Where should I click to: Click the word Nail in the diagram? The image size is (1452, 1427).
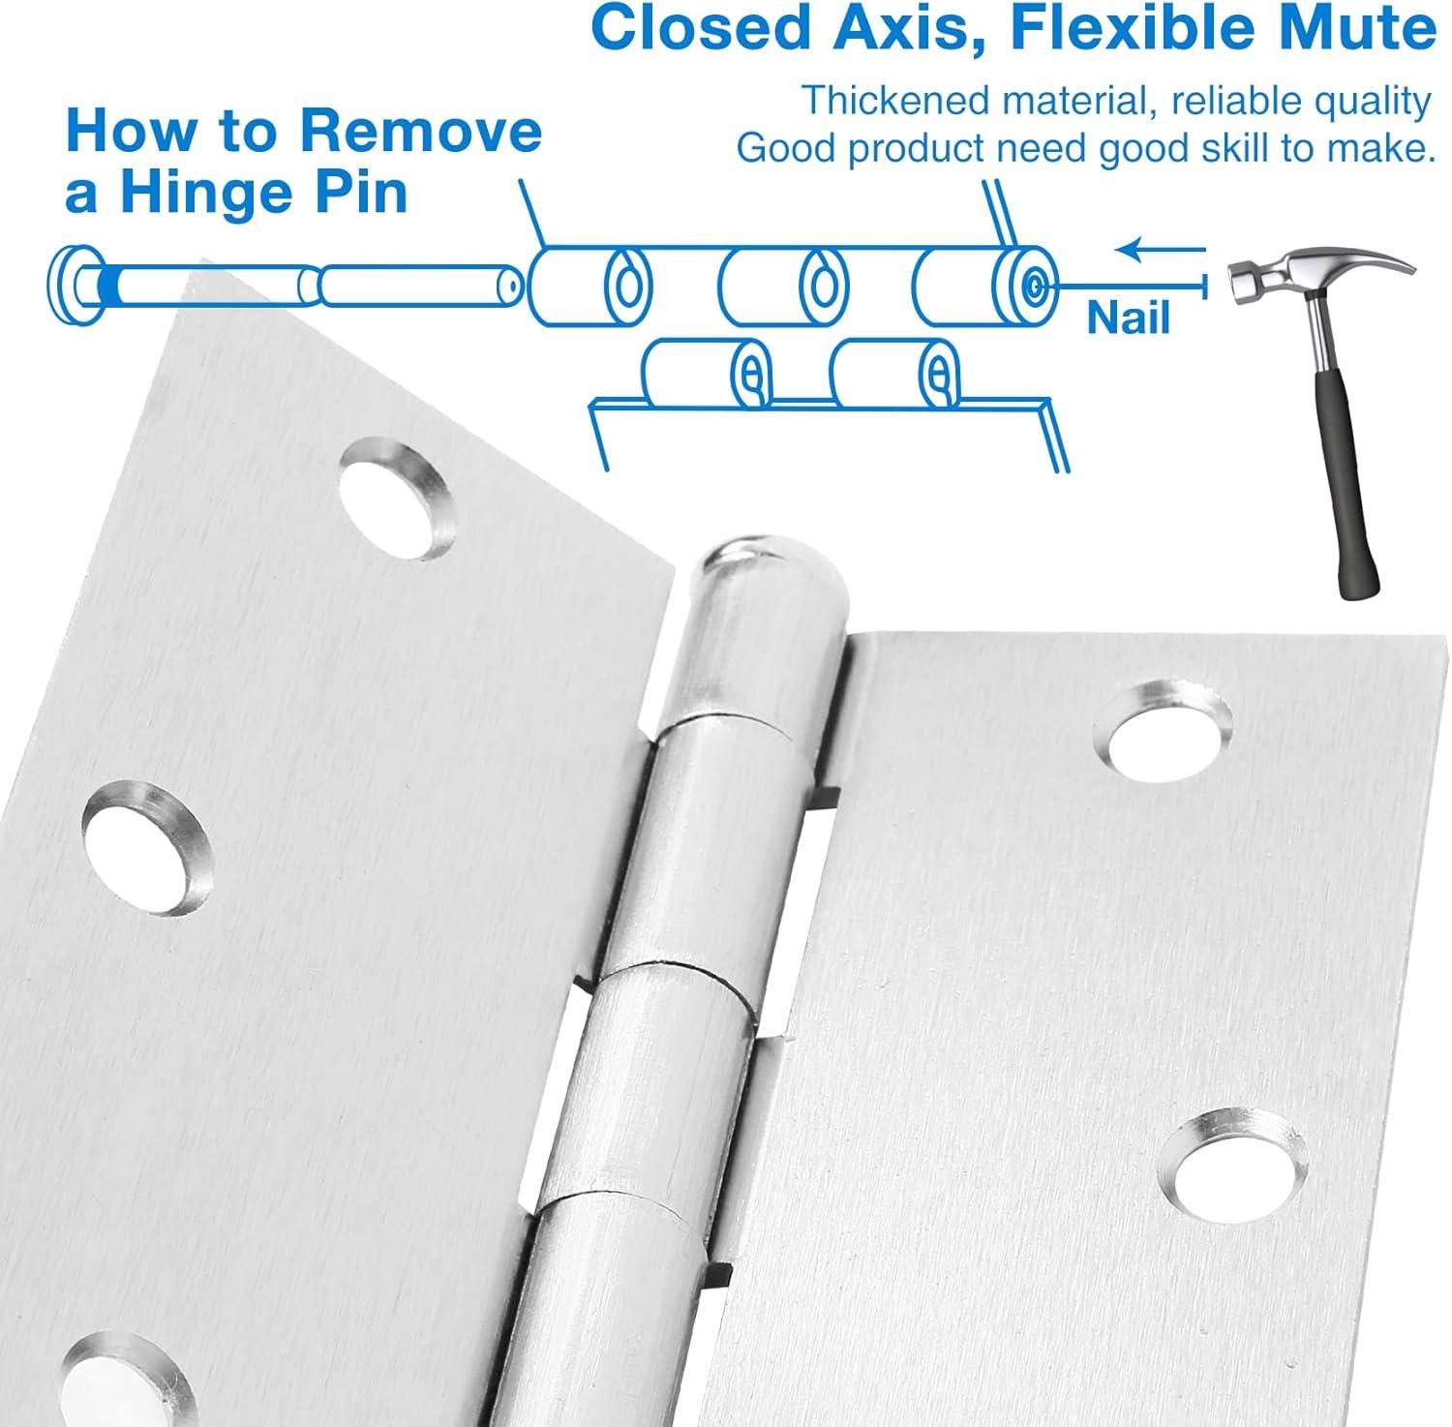click(1128, 318)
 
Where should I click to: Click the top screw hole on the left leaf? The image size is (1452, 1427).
click(398, 499)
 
